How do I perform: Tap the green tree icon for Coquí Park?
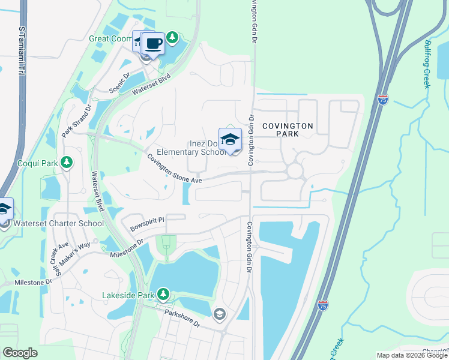(67, 163)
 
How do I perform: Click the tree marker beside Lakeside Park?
(162, 294)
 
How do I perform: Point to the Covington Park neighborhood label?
(287, 130)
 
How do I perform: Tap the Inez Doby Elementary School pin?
(230, 140)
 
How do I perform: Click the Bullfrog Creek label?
(427, 64)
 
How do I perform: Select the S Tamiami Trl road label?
(22, 51)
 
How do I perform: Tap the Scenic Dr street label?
(119, 83)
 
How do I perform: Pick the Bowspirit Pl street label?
(146, 224)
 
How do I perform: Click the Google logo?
(20, 353)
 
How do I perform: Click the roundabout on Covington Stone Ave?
(294, 171)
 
